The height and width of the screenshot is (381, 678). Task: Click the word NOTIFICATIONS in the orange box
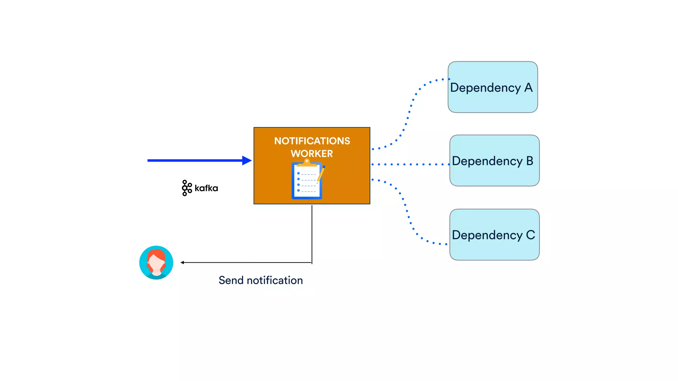point(312,141)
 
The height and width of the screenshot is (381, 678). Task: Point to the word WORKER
point(312,153)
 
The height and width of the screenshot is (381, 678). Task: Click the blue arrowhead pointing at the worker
point(247,160)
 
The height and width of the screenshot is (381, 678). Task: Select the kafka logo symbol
point(187,188)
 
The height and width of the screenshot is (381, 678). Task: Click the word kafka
point(206,188)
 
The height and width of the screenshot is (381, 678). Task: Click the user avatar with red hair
point(156,262)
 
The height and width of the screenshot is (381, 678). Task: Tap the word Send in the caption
point(231,280)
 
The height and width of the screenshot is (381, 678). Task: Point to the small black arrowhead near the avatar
point(182,263)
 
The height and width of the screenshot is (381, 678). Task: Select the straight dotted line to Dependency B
point(411,164)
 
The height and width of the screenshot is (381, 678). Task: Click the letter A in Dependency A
point(528,88)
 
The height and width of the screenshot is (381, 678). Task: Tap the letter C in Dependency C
point(530,235)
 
